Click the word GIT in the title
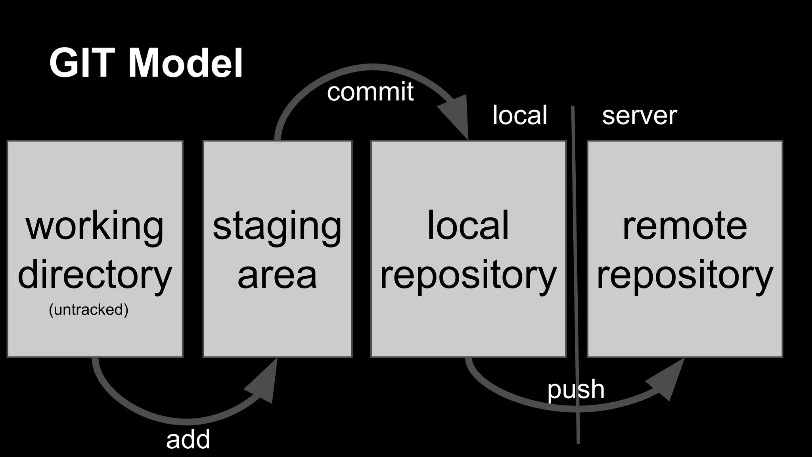[82, 63]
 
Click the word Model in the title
[186, 63]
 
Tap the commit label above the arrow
[370, 92]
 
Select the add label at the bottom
[188, 440]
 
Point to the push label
[576, 390]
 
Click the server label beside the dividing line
[639, 116]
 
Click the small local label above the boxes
[520, 115]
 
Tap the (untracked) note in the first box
[88, 309]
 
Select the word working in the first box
[94, 226]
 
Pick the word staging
[277, 226]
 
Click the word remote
[685, 226]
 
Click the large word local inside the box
[468, 226]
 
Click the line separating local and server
[575, 278]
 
